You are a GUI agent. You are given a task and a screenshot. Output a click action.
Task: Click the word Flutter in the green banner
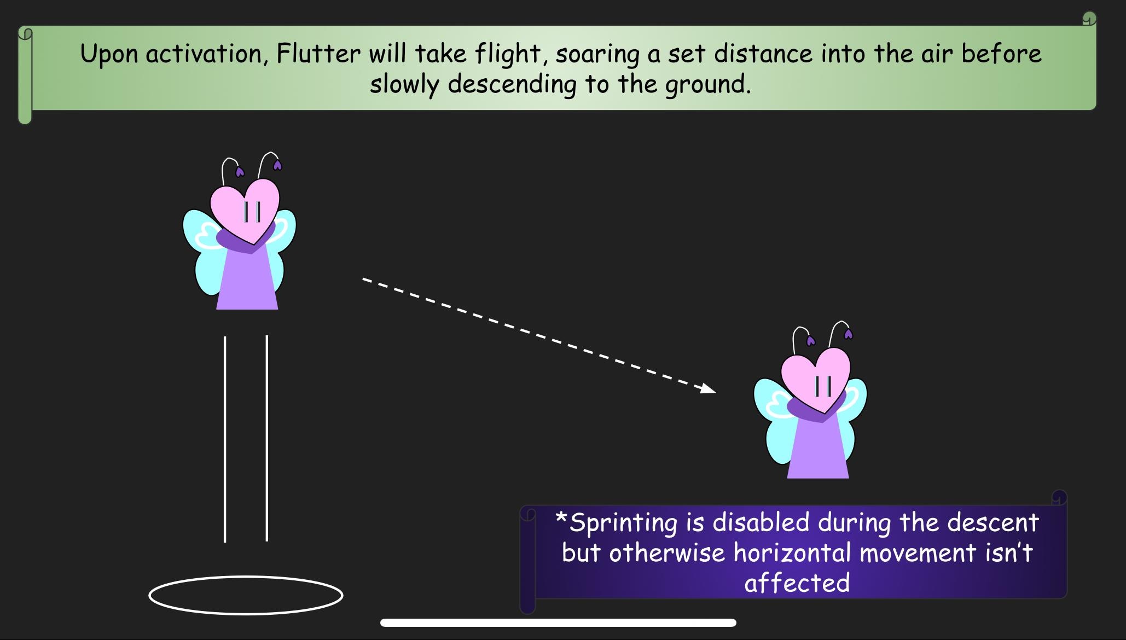(x=318, y=54)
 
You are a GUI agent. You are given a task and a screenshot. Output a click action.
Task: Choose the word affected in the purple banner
(x=797, y=583)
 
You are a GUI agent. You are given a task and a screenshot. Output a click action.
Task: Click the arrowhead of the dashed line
(x=709, y=388)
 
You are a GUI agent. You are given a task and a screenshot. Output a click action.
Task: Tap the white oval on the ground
(x=246, y=577)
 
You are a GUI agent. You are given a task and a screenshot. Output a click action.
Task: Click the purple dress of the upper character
(x=247, y=279)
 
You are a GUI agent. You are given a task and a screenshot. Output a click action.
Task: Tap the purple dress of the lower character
(x=818, y=449)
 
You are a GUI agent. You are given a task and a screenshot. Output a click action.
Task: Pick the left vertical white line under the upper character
(x=225, y=439)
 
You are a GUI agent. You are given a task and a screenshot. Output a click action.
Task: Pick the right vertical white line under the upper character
(x=267, y=438)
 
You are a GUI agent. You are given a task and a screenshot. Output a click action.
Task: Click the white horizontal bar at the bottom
(x=558, y=622)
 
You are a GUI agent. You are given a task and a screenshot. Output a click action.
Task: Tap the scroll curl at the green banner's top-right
(x=1089, y=19)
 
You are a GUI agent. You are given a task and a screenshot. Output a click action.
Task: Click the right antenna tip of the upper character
(x=277, y=165)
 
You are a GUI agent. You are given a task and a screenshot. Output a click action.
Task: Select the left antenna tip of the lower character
(x=811, y=341)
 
